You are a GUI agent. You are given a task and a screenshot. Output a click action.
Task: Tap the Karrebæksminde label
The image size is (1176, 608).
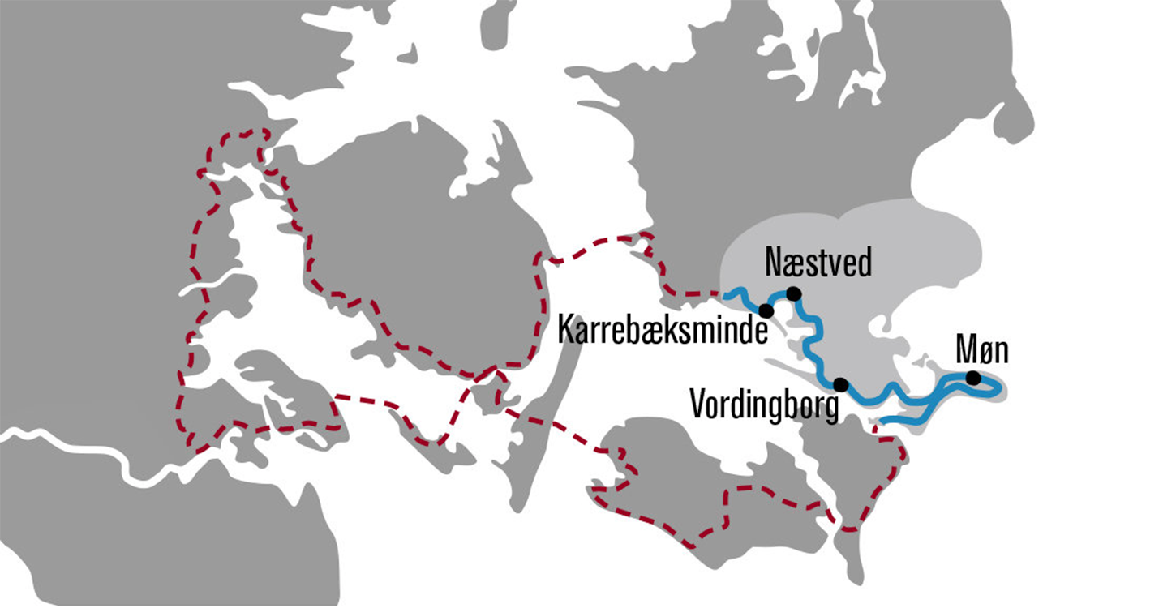tap(661, 332)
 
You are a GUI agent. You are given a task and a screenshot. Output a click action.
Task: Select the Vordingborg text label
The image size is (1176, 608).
tap(763, 403)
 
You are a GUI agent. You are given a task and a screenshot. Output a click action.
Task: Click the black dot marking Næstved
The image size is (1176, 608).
tap(793, 293)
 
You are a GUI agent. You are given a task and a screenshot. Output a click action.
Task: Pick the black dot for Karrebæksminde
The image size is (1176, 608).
tap(765, 310)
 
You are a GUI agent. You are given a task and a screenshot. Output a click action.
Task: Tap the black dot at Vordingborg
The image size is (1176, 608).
tap(840, 383)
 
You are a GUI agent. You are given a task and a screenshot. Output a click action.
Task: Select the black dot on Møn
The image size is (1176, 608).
tap(972, 377)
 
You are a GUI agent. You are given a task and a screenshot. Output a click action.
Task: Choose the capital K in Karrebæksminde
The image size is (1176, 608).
tap(564, 331)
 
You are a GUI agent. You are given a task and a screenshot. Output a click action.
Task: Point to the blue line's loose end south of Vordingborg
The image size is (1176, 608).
tap(883, 421)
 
